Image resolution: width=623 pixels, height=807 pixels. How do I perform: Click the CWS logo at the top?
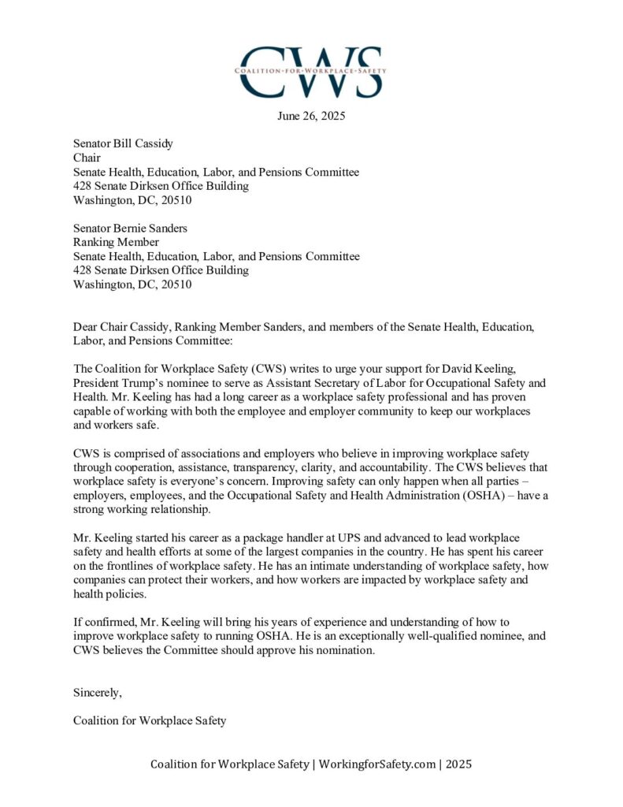(x=311, y=71)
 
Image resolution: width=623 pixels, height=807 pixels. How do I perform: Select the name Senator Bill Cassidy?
(x=123, y=143)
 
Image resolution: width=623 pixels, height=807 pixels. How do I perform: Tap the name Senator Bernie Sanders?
(x=130, y=229)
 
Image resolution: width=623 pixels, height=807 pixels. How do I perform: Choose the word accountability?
(x=382, y=467)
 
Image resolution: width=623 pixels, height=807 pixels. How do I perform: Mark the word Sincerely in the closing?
(x=98, y=694)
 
